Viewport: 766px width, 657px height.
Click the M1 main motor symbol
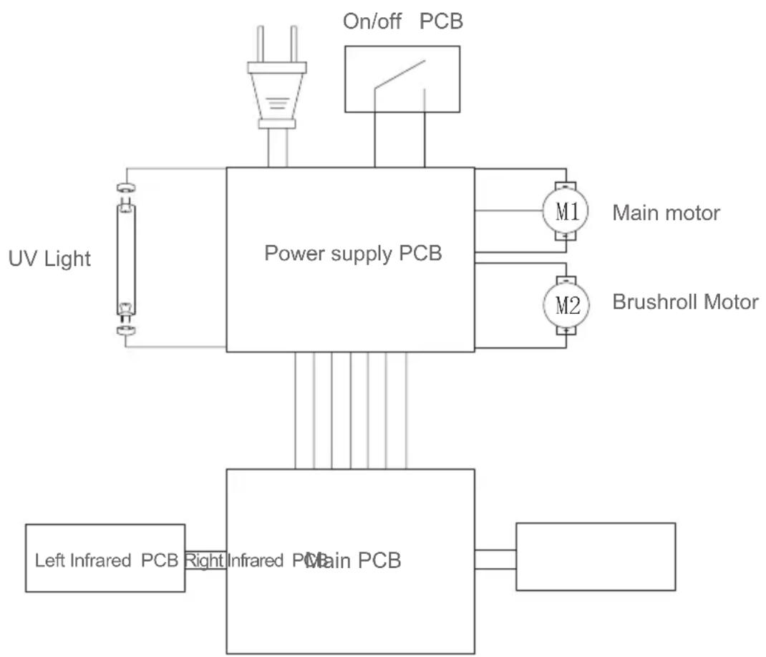[x=566, y=211]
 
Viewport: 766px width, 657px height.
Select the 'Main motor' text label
[x=666, y=213]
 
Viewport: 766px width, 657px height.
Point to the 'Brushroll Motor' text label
[x=684, y=302]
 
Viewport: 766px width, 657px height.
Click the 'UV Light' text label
[x=49, y=258]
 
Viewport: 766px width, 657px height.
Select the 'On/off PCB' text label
[x=403, y=21]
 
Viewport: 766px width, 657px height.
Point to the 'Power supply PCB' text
[x=353, y=254]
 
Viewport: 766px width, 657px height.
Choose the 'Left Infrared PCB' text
[x=105, y=560]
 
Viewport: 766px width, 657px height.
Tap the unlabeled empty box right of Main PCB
[x=595, y=557]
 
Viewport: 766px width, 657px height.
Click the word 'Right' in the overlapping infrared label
[x=205, y=560]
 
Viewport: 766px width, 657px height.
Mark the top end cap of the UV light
[x=126, y=188]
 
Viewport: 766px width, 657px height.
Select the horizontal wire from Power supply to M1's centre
[x=510, y=211]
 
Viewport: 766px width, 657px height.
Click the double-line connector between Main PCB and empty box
[x=495, y=559]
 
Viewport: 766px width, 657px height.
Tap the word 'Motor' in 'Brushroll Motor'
[x=730, y=302]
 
